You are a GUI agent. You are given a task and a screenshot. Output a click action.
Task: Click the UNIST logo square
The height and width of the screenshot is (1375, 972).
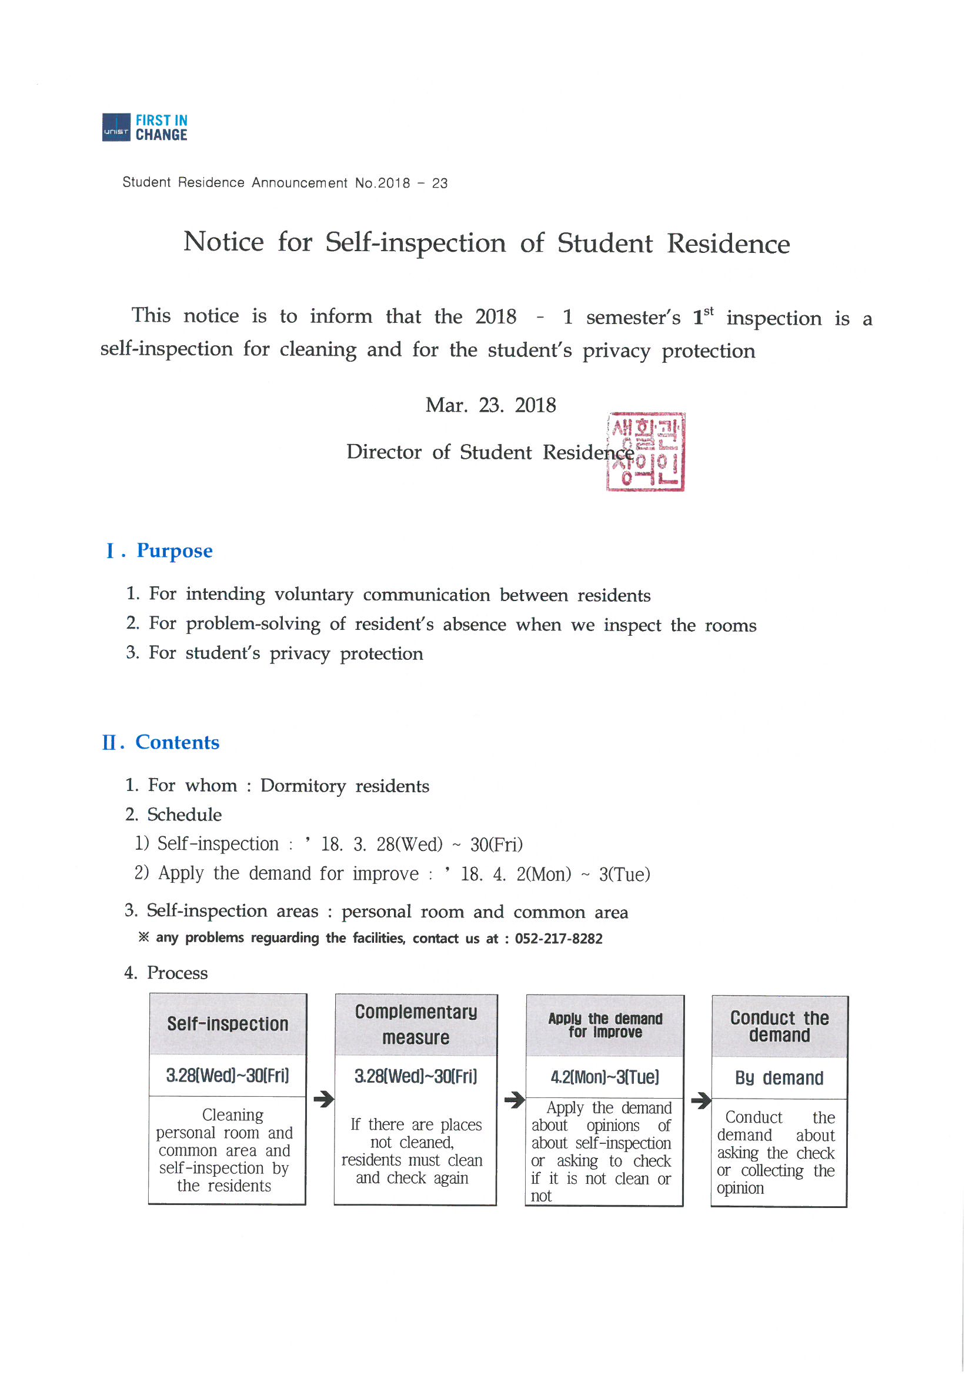tap(116, 127)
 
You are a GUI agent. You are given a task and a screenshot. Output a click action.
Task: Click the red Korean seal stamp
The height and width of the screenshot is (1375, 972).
tap(646, 452)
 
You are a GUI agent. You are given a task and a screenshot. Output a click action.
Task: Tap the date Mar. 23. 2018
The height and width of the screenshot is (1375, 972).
tap(490, 405)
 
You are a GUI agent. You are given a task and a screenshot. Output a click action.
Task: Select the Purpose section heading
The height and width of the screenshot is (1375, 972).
tap(174, 550)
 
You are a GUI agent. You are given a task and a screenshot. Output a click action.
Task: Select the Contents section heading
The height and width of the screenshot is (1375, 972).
tap(176, 742)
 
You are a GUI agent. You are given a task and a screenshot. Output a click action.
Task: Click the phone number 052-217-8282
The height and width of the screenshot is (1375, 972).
tap(558, 939)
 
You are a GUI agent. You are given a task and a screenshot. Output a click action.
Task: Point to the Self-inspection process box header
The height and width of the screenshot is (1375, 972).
tap(228, 1024)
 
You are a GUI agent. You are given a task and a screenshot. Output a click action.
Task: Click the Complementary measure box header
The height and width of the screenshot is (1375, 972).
tap(416, 1024)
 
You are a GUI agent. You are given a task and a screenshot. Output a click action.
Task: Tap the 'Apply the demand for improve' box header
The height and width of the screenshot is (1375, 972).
tap(605, 1025)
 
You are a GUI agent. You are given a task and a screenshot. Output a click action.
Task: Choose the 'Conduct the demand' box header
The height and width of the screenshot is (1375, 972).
tap(779, 1026)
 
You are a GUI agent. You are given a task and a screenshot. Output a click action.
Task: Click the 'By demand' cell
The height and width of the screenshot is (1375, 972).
tap(779, 1078)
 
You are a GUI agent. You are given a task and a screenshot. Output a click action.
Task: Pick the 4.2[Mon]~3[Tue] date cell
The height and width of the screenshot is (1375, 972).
tap(605, 1077)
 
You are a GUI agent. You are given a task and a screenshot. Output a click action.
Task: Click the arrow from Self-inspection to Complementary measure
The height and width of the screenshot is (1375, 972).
tap(323, 1099)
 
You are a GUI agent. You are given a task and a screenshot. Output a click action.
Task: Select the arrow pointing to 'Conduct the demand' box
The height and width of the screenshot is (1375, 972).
tap(700, 1100)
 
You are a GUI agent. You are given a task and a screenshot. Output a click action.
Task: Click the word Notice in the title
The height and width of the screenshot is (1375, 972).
tap(223, 242)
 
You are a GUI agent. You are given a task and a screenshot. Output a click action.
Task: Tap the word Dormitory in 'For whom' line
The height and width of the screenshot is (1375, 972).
tap(303, 786)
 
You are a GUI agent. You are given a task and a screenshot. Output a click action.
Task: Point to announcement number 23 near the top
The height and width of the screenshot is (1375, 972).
tap(440, 183)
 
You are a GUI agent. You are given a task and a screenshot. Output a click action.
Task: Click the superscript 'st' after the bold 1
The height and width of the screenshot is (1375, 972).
tap(709, 312)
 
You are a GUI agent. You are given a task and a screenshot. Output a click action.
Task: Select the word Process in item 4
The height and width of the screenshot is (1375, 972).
tap(177, 973)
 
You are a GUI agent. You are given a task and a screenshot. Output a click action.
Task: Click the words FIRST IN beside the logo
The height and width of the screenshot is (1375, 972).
tap(161, 121)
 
